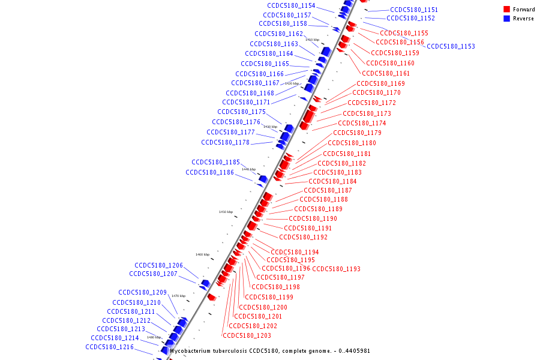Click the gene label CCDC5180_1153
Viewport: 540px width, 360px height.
pyautogui.click(x=451, y=46)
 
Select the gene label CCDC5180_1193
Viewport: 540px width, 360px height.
pyautogui.click(x=337, y=269)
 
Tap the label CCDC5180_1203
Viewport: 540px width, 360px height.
pyautogui.click(x=247, y=335)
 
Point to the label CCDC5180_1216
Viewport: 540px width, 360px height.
pyautogui.click(x=109, y=347)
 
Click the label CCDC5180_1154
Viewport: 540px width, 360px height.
pyautogui.click(x=291, y=5)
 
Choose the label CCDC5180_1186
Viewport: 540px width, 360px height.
pyautogui.click(x=209, y=172)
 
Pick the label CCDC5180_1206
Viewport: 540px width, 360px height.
pyautogui.click(x=158, y=265)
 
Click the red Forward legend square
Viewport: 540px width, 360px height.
pyautogui.click(x=506, y=10)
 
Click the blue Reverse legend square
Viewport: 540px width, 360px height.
pyautogui.click(x=506, y=19)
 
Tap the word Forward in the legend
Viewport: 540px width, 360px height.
pyautogui.click(x=524, y=10)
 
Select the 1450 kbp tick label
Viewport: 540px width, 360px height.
pyautogui.click(x=226, y=212)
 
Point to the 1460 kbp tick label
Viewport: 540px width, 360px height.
pyautogui.click(x=203, y=254)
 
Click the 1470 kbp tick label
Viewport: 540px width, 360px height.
pyautogui.click(x=178, y=296)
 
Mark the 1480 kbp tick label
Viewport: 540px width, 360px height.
pyautogui.click(x=154, y=337)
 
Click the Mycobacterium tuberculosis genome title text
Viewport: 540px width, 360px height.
pyautogui.click(x=270, y=351)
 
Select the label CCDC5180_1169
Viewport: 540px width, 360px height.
pyautogui.click(x=380, y=83)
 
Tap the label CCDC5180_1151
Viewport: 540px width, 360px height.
pyautogui.click(x=414, y=10)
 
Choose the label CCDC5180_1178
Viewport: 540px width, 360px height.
pyautogui.click(x=225, y=142)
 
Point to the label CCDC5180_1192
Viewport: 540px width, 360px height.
pyautogui.click(x=303, y=237)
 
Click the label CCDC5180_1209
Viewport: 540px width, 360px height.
pyautogui.click(x=142, y=292)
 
